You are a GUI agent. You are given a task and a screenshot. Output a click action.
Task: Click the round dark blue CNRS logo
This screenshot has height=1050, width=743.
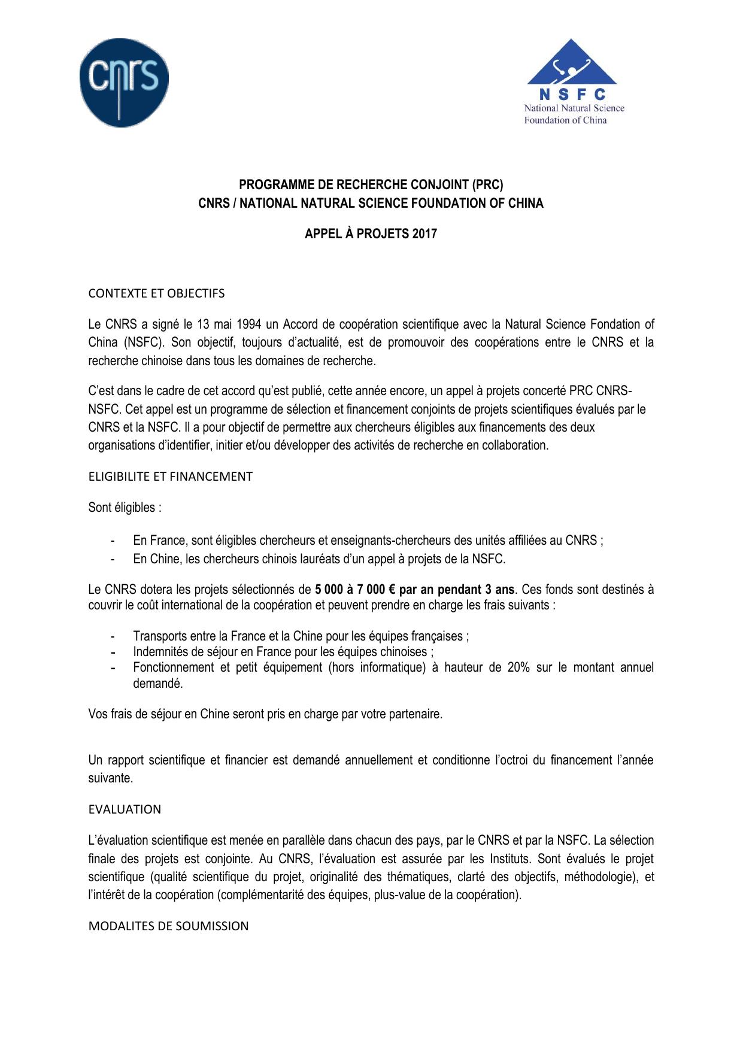tap(124, 82)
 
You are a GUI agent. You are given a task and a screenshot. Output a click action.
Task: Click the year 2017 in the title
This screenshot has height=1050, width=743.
tap(424, 233)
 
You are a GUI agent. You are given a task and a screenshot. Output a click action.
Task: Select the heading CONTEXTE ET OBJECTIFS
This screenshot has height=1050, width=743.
tap(156, 293)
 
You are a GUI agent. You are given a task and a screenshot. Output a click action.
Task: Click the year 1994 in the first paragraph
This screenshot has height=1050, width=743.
tap(248, 324)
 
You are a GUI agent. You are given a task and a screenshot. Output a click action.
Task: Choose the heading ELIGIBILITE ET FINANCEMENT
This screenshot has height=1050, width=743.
tap(170, 477)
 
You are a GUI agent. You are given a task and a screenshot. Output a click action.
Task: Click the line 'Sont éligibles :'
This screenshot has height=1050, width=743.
tap(125, 508)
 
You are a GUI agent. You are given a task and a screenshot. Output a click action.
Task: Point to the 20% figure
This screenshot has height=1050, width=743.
tap(518, 667)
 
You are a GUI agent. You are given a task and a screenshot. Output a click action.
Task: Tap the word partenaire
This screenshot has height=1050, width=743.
tap(414, 714)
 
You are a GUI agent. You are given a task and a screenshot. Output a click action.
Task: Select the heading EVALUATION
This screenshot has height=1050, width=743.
tap(125, 809)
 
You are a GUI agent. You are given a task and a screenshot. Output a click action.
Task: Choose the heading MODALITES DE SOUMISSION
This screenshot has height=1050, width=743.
tap(168, 926)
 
